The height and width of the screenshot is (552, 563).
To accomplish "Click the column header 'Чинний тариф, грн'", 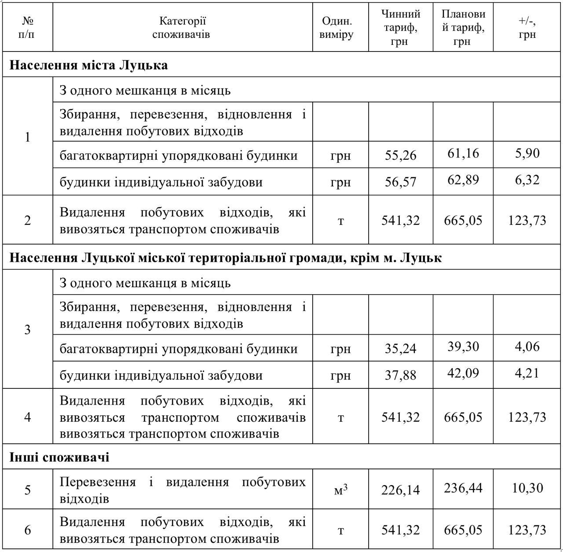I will tap(400, 27).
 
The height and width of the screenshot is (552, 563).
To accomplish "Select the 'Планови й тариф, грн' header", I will tap(463, 27).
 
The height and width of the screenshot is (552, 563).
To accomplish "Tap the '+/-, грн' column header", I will tap(527, 27).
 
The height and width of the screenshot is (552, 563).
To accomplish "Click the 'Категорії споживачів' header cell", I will tap(182, 27).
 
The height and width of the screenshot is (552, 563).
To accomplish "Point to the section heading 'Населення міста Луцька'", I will tap(89, 65).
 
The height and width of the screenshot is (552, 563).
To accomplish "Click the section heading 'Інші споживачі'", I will tap(59, 457).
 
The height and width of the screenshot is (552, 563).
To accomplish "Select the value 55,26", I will tap(400, 155).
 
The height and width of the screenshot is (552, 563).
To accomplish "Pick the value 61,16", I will tap(463, 153).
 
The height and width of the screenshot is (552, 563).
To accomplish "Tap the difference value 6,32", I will tap(527, 179).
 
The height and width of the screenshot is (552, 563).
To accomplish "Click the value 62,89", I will tap(463, 179).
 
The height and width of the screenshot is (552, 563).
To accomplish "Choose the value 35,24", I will tap(400, 348).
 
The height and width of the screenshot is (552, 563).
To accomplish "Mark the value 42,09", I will tap(463, 373).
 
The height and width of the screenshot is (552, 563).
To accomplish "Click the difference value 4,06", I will tap(527, 346).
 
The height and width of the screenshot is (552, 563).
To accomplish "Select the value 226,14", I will tap(400, 490).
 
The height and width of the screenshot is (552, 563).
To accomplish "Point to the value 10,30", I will tap(527, 488).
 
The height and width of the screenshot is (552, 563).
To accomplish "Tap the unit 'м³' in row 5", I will tap(340, 490).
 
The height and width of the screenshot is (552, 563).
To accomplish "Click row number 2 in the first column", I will tap(27, 220).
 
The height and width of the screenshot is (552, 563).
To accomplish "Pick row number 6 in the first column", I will tap(27, 530).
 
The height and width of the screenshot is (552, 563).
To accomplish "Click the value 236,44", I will tap(463, 488).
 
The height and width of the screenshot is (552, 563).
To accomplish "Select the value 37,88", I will tap(400, 375).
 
